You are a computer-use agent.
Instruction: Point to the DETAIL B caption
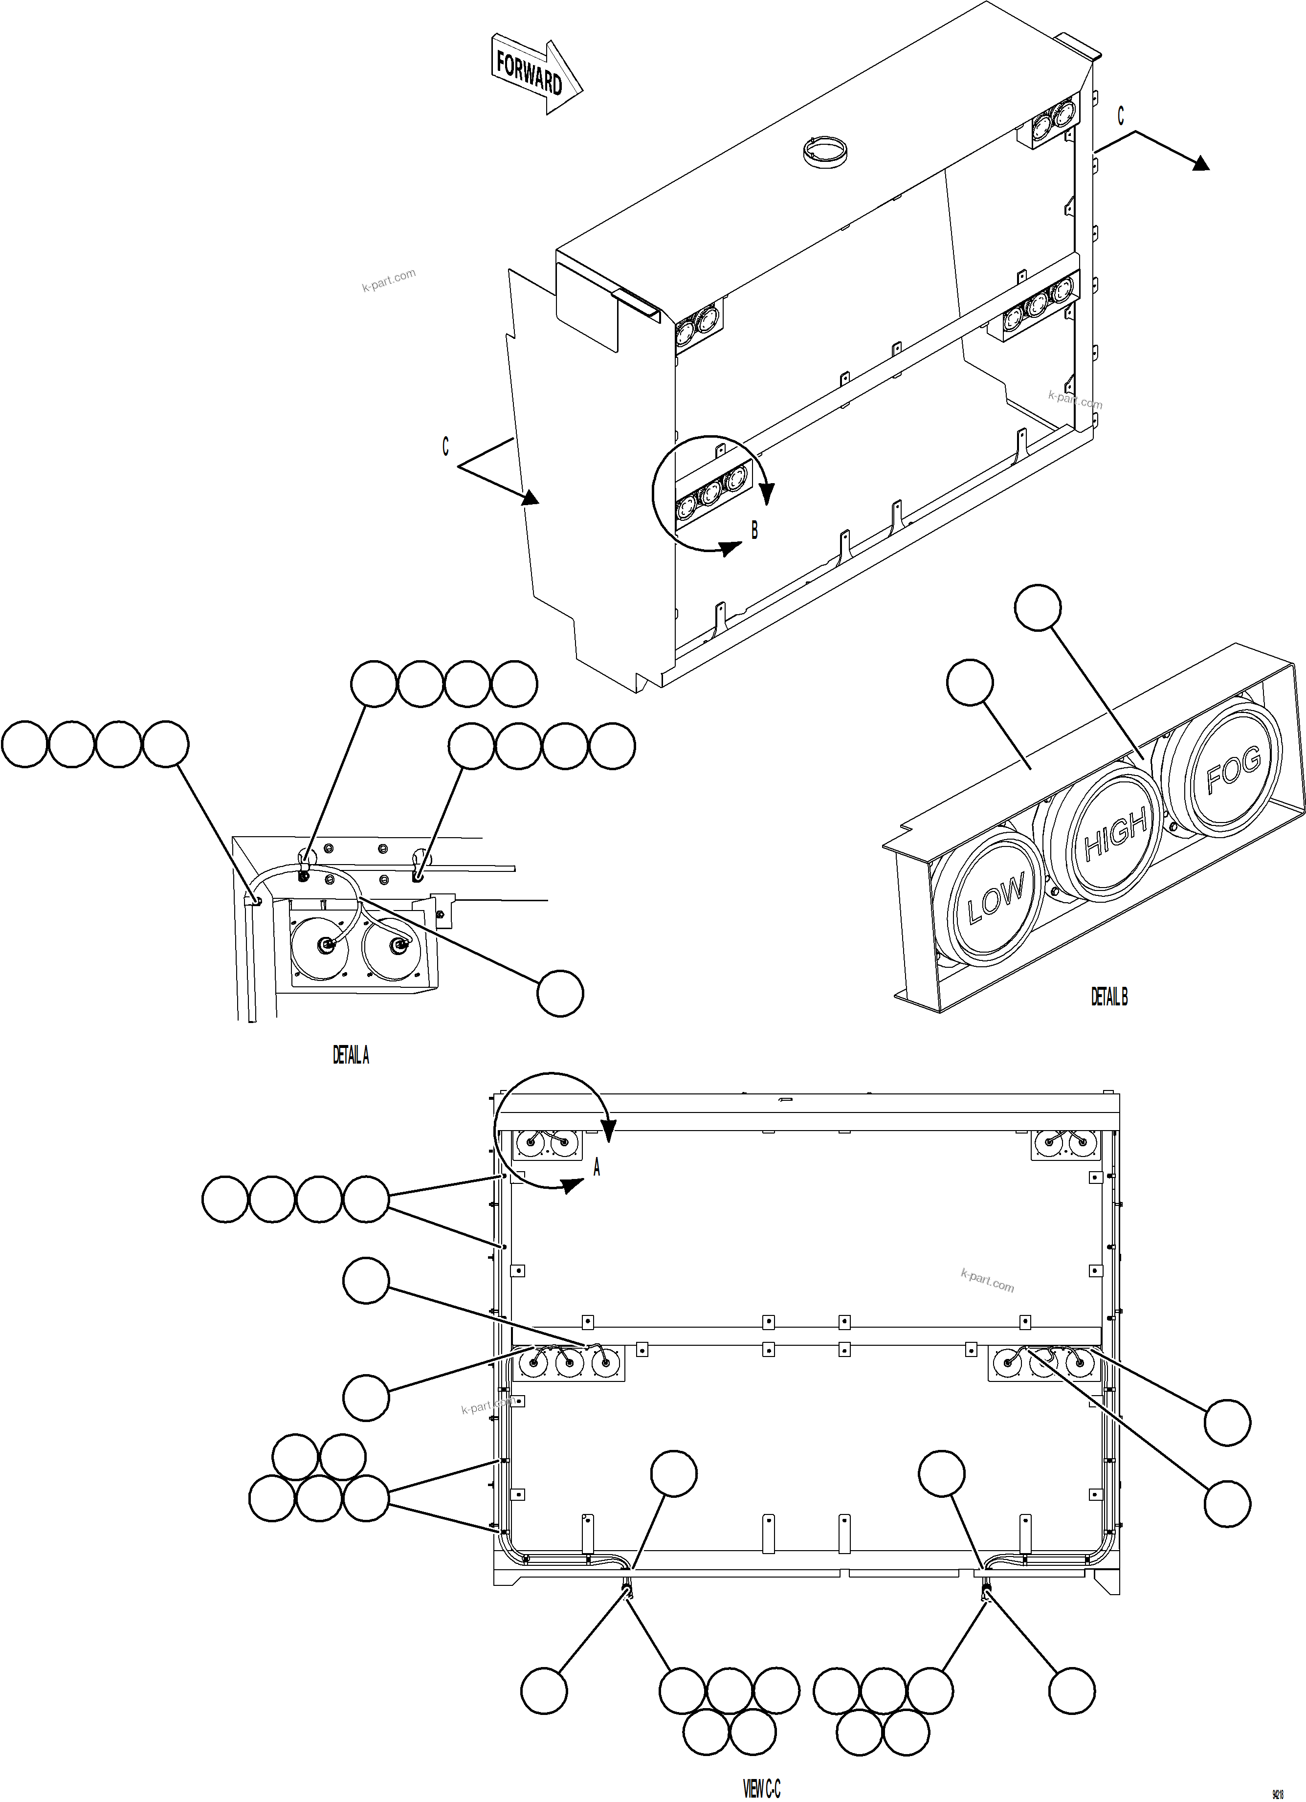[1109, 996]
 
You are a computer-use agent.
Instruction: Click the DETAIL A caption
[350, 1055]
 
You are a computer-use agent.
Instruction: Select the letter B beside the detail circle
[754, 530]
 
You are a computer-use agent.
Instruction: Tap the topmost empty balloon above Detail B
[1038, 608]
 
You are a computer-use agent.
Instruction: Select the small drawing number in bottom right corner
[1278, 1788]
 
